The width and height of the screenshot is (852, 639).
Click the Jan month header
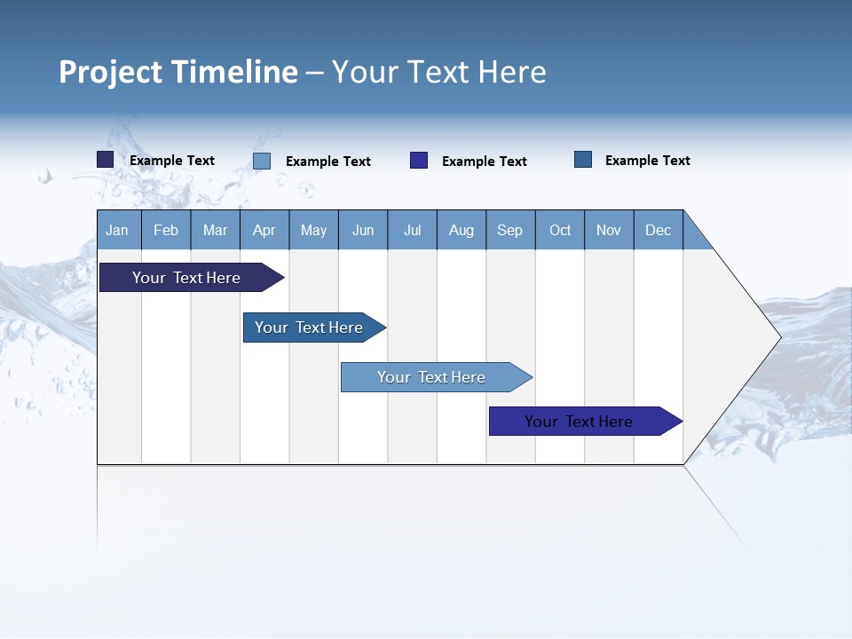point(118,230)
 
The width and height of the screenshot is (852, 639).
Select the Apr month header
point(264,230)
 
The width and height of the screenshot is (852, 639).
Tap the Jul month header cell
point(412,230)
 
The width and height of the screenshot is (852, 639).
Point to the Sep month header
point(510,230)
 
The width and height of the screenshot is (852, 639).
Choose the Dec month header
point(658,230)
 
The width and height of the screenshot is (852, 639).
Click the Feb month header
point(166,230)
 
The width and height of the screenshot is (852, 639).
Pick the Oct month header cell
point(560,230)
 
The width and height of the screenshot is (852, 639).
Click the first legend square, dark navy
point(106,160)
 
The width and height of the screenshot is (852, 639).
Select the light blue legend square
point(262,161)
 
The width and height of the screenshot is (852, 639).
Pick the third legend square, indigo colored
point(419,161)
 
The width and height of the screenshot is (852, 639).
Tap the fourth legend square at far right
point(583,160)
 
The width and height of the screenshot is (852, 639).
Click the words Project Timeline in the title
point(178,72)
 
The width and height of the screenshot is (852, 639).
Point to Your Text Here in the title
point(438,72)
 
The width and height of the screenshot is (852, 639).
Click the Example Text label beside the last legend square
point(647,161)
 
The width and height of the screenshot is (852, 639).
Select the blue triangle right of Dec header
point(695,236)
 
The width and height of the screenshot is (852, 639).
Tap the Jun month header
point(363,230)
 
